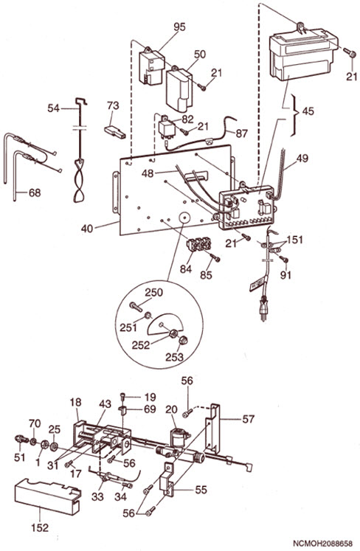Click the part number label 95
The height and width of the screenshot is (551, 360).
[x=179, y=27]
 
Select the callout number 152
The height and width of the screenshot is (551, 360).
[x=40, y=527]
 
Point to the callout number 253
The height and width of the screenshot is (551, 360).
[x=174, y=357]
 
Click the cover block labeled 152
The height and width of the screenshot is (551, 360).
[x=47, y=496]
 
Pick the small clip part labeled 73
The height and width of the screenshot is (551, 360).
[x=115, y=131]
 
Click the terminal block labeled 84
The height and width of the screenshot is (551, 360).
[x=199, y=244]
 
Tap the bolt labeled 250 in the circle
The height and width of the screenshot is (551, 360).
[x=135, y=306]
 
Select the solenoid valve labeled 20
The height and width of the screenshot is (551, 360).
[x=179, y=438]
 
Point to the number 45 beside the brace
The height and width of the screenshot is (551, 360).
[x=308, y=111]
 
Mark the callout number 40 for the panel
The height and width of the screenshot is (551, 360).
[x=87, y=229]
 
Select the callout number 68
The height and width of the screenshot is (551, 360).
[x=35, y=193]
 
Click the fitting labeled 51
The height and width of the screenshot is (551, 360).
[x=21, y=439]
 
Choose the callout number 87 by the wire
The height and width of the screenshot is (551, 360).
[x=241, y=134]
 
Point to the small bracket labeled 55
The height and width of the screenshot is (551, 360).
[x=167, y=479]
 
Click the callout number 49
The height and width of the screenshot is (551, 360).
[x=302, y=158]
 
